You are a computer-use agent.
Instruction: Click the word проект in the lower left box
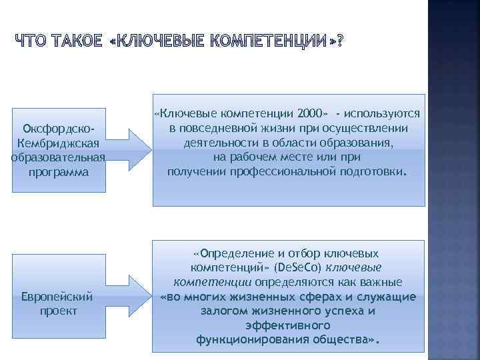pos(59,311)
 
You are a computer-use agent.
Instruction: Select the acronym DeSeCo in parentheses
pos(303,268)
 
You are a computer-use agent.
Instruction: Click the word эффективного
pos(287,325)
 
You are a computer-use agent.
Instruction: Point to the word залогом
pos(222,311)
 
